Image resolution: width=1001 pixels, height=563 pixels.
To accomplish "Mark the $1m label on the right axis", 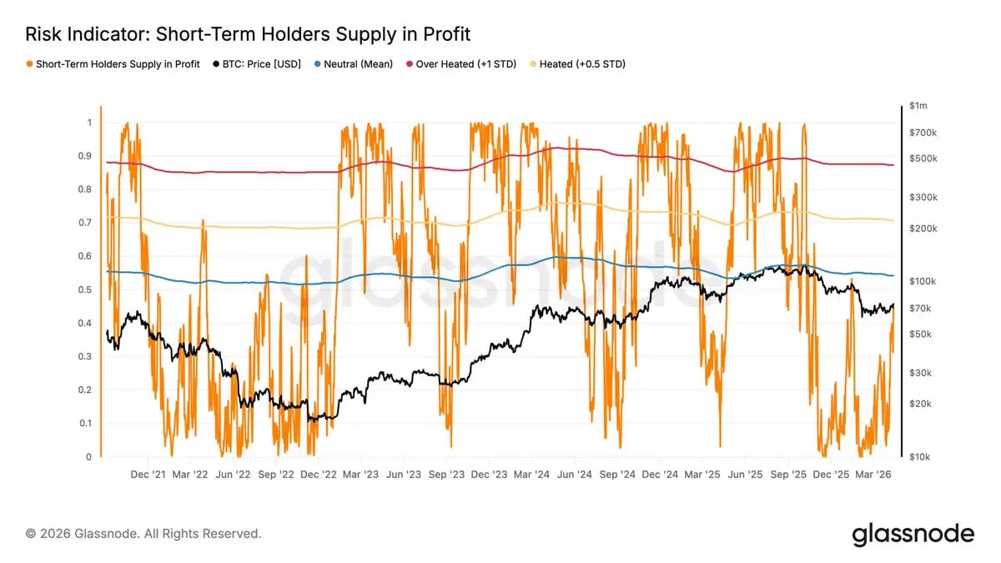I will tap(918, 106).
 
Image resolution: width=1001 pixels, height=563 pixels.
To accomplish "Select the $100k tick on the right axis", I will tap(922, 282).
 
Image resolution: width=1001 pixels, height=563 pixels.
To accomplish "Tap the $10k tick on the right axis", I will tap(919, 457).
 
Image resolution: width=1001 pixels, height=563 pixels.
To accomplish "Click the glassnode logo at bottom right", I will tap(913, 534).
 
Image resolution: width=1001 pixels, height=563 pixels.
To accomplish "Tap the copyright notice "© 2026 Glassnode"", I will tap(143, 533).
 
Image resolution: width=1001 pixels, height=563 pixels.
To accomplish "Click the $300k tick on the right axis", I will tap(922, 198).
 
